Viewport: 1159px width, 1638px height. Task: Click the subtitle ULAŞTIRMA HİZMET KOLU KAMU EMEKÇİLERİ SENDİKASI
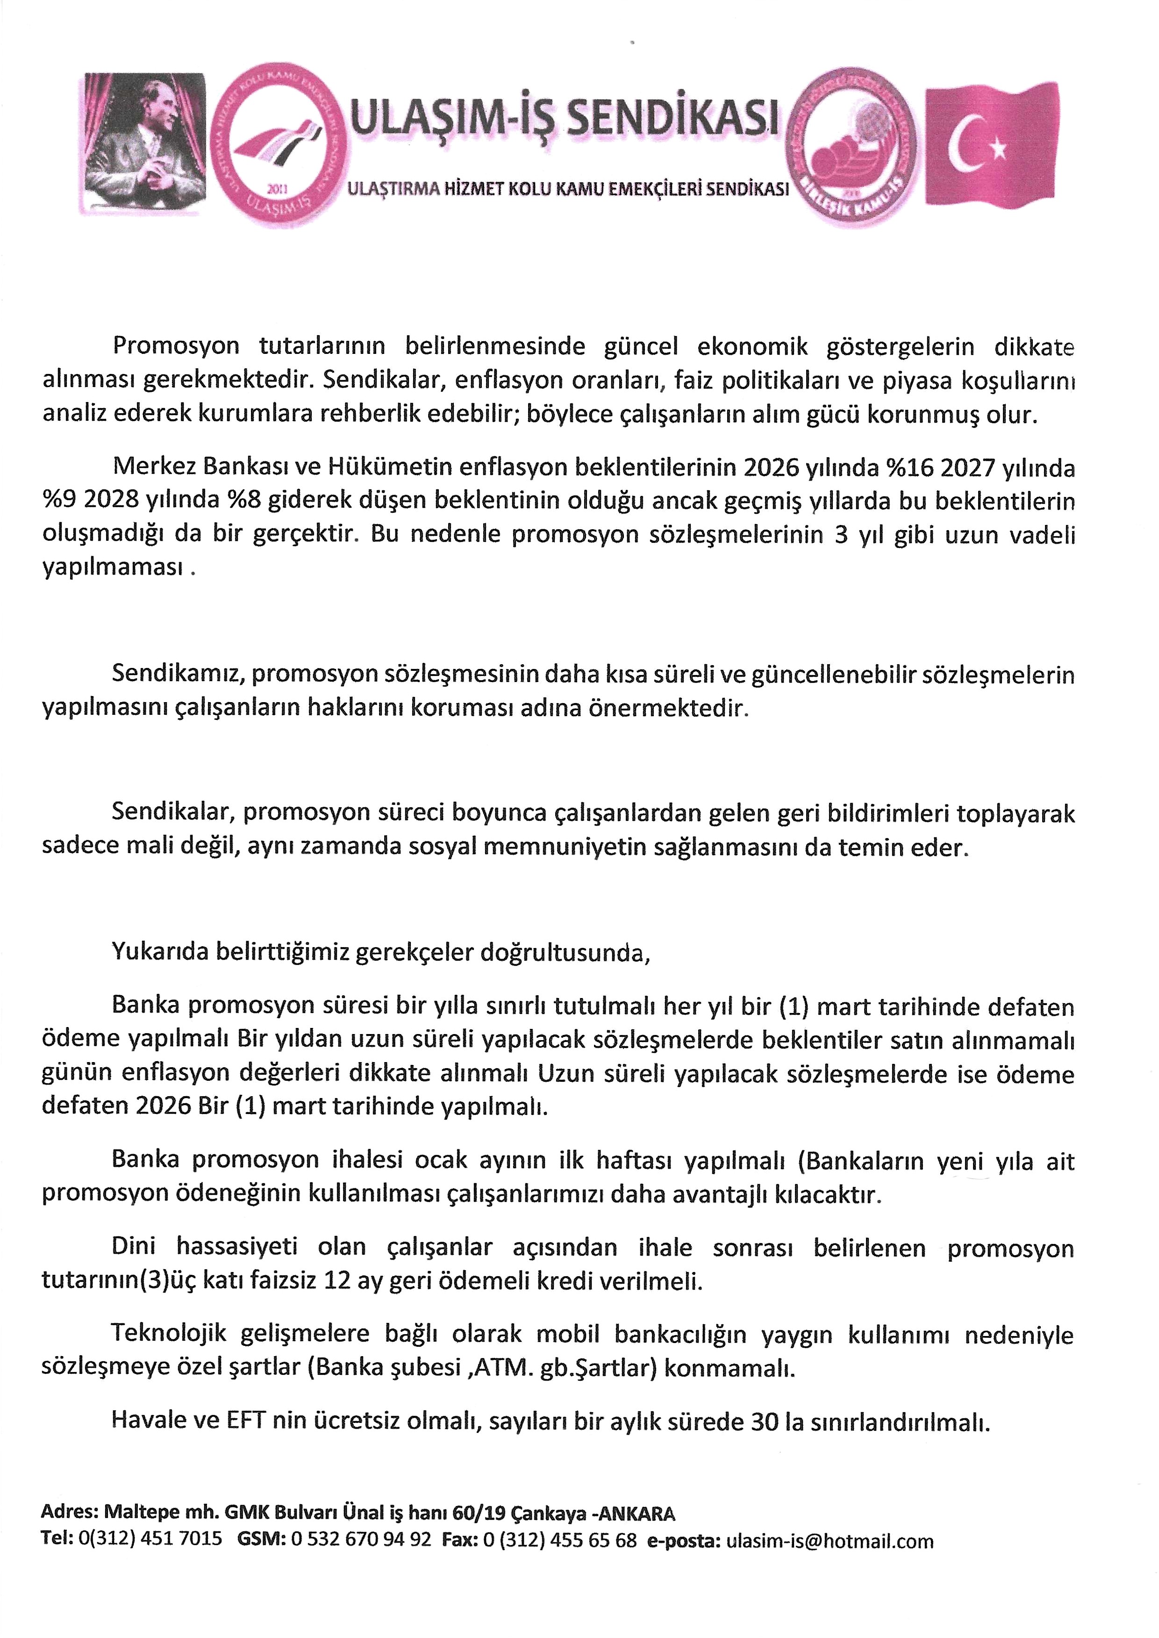click(x=567, y=189)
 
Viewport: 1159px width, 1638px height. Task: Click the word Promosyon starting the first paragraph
click(x=176, y=346)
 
